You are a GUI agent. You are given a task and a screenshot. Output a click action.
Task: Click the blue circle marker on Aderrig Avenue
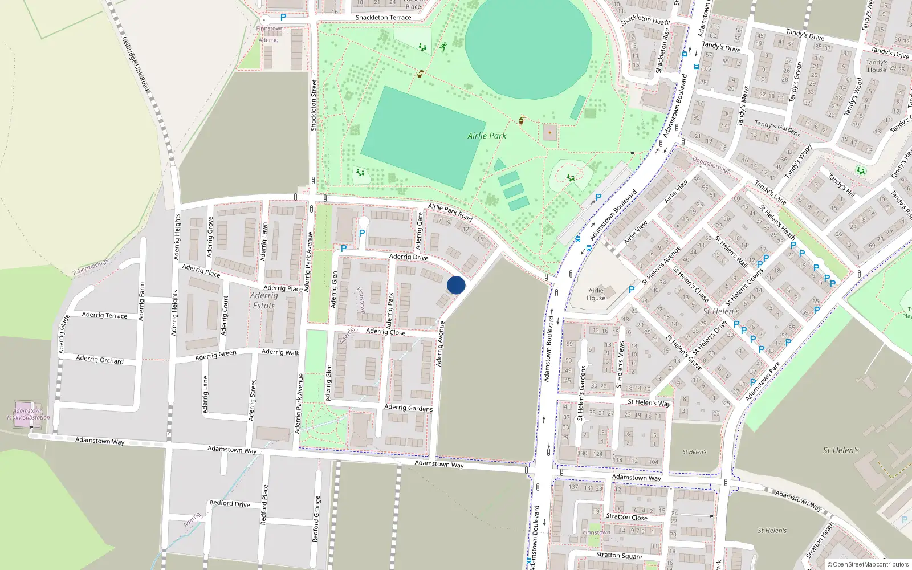(x=456, y=285)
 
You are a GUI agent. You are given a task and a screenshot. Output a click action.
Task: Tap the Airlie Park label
(x=487, y=136)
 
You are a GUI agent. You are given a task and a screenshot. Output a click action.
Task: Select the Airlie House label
(x=596, y=294)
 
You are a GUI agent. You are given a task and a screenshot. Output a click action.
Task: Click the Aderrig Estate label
(x=264, y=300)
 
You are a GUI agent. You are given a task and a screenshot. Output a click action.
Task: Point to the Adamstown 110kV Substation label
(x=28, y=414)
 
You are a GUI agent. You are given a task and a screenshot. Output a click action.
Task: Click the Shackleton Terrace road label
(x=383, y=18)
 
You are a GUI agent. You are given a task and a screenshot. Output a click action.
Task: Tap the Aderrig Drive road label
(x=409, y=257)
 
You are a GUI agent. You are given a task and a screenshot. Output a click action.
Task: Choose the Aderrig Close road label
(x=386, y=332)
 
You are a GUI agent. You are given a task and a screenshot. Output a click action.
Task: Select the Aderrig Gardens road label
(x=408, y=408)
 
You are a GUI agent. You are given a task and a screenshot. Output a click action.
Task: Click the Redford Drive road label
(x=230, y=503)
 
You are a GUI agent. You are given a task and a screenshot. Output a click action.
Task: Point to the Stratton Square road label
(x=619, y=556)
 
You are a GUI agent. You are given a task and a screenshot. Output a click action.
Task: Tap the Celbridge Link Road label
(x=135, y=64)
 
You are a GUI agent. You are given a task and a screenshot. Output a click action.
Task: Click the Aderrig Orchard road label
(x=100, y=360)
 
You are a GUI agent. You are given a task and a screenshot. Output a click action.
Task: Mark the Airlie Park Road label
(x=450, y=212)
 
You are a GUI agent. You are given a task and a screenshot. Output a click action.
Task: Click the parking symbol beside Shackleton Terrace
(x=283, y=18)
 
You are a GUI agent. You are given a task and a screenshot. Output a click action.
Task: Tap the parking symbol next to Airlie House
(x=632, y=290)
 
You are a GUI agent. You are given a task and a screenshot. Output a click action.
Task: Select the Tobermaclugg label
(x=91, y=267)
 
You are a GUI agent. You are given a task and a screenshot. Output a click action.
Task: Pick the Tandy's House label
(x=877, y=66)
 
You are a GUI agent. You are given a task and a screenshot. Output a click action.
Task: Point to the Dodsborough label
(x=711, y=165)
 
